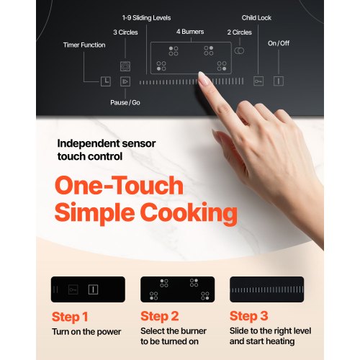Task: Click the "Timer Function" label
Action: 84,45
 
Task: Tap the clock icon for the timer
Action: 106,81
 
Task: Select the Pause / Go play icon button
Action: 125,81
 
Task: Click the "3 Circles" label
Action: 125,32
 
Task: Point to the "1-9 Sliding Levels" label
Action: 146,18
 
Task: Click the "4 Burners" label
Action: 190,32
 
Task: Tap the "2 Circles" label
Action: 240,32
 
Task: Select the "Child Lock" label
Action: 256,18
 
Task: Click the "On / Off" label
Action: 279,43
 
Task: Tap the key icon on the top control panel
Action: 258,81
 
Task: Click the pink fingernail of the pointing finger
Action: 204,78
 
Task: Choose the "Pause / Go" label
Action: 125,102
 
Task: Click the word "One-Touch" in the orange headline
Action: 119,185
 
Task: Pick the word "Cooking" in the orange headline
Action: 189,212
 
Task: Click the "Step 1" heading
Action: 70,317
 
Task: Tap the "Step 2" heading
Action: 160,316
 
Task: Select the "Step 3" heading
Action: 249,316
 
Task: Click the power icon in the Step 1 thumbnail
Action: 93,289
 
